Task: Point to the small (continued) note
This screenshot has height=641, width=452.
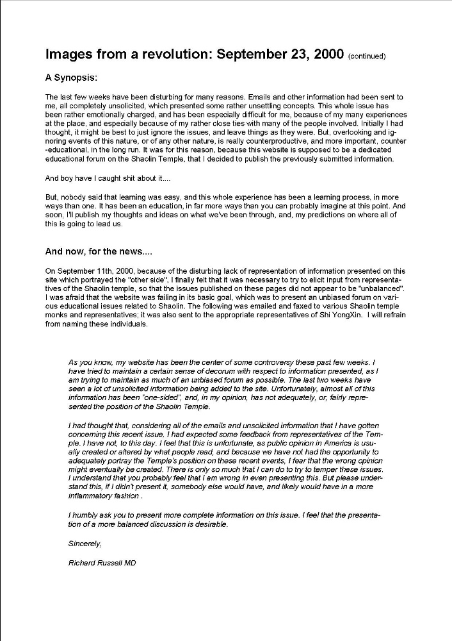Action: point(367,56)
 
